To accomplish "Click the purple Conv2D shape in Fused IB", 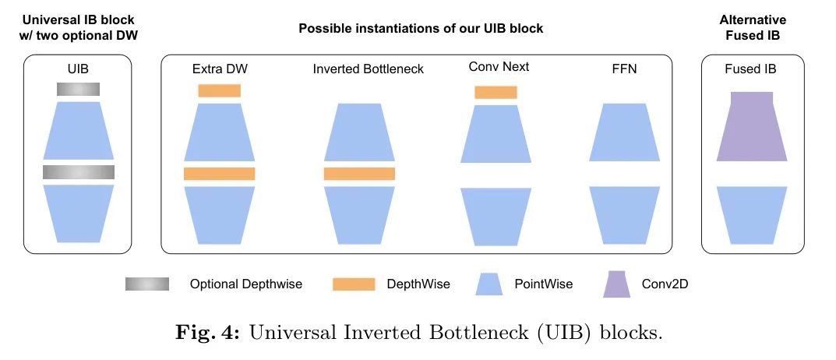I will coord(751,128).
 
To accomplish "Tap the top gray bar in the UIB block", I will coord(78,90).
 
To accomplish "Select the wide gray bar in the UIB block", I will coord(79,172).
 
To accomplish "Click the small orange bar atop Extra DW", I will coord(219,90).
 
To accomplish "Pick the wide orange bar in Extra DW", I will coord(219,174).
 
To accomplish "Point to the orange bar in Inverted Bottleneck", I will coord(359,174).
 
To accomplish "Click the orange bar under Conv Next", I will coord(496,92).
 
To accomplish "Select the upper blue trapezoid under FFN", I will coord(624,132).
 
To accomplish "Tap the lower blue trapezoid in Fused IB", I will coord(751,214).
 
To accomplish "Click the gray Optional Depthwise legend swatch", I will coord(147,284).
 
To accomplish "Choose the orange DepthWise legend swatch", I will coord(355,284).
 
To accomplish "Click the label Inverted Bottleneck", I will coord(369,69).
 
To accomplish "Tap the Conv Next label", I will coord(499,67).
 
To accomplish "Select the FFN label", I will coord(624,69).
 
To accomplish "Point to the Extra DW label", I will coord(220,69).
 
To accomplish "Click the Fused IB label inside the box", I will coord(751,69).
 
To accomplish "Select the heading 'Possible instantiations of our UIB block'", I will coord(421,29).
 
